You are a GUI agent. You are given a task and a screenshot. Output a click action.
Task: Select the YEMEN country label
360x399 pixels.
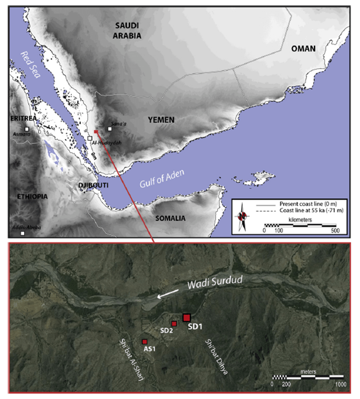pyautogui.click(x=161, y=120)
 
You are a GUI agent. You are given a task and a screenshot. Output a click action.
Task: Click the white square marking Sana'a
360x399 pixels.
pyautogui.click(x=110, y=129)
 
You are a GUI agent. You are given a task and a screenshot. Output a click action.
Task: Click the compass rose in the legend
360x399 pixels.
pyautogui.click(x=244, y=216)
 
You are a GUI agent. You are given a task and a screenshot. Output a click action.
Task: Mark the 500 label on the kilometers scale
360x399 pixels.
pyautogui.click(x=336, y=230)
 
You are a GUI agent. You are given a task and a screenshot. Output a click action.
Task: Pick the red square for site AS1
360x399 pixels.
pyautogui.click(x=144, y=342)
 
